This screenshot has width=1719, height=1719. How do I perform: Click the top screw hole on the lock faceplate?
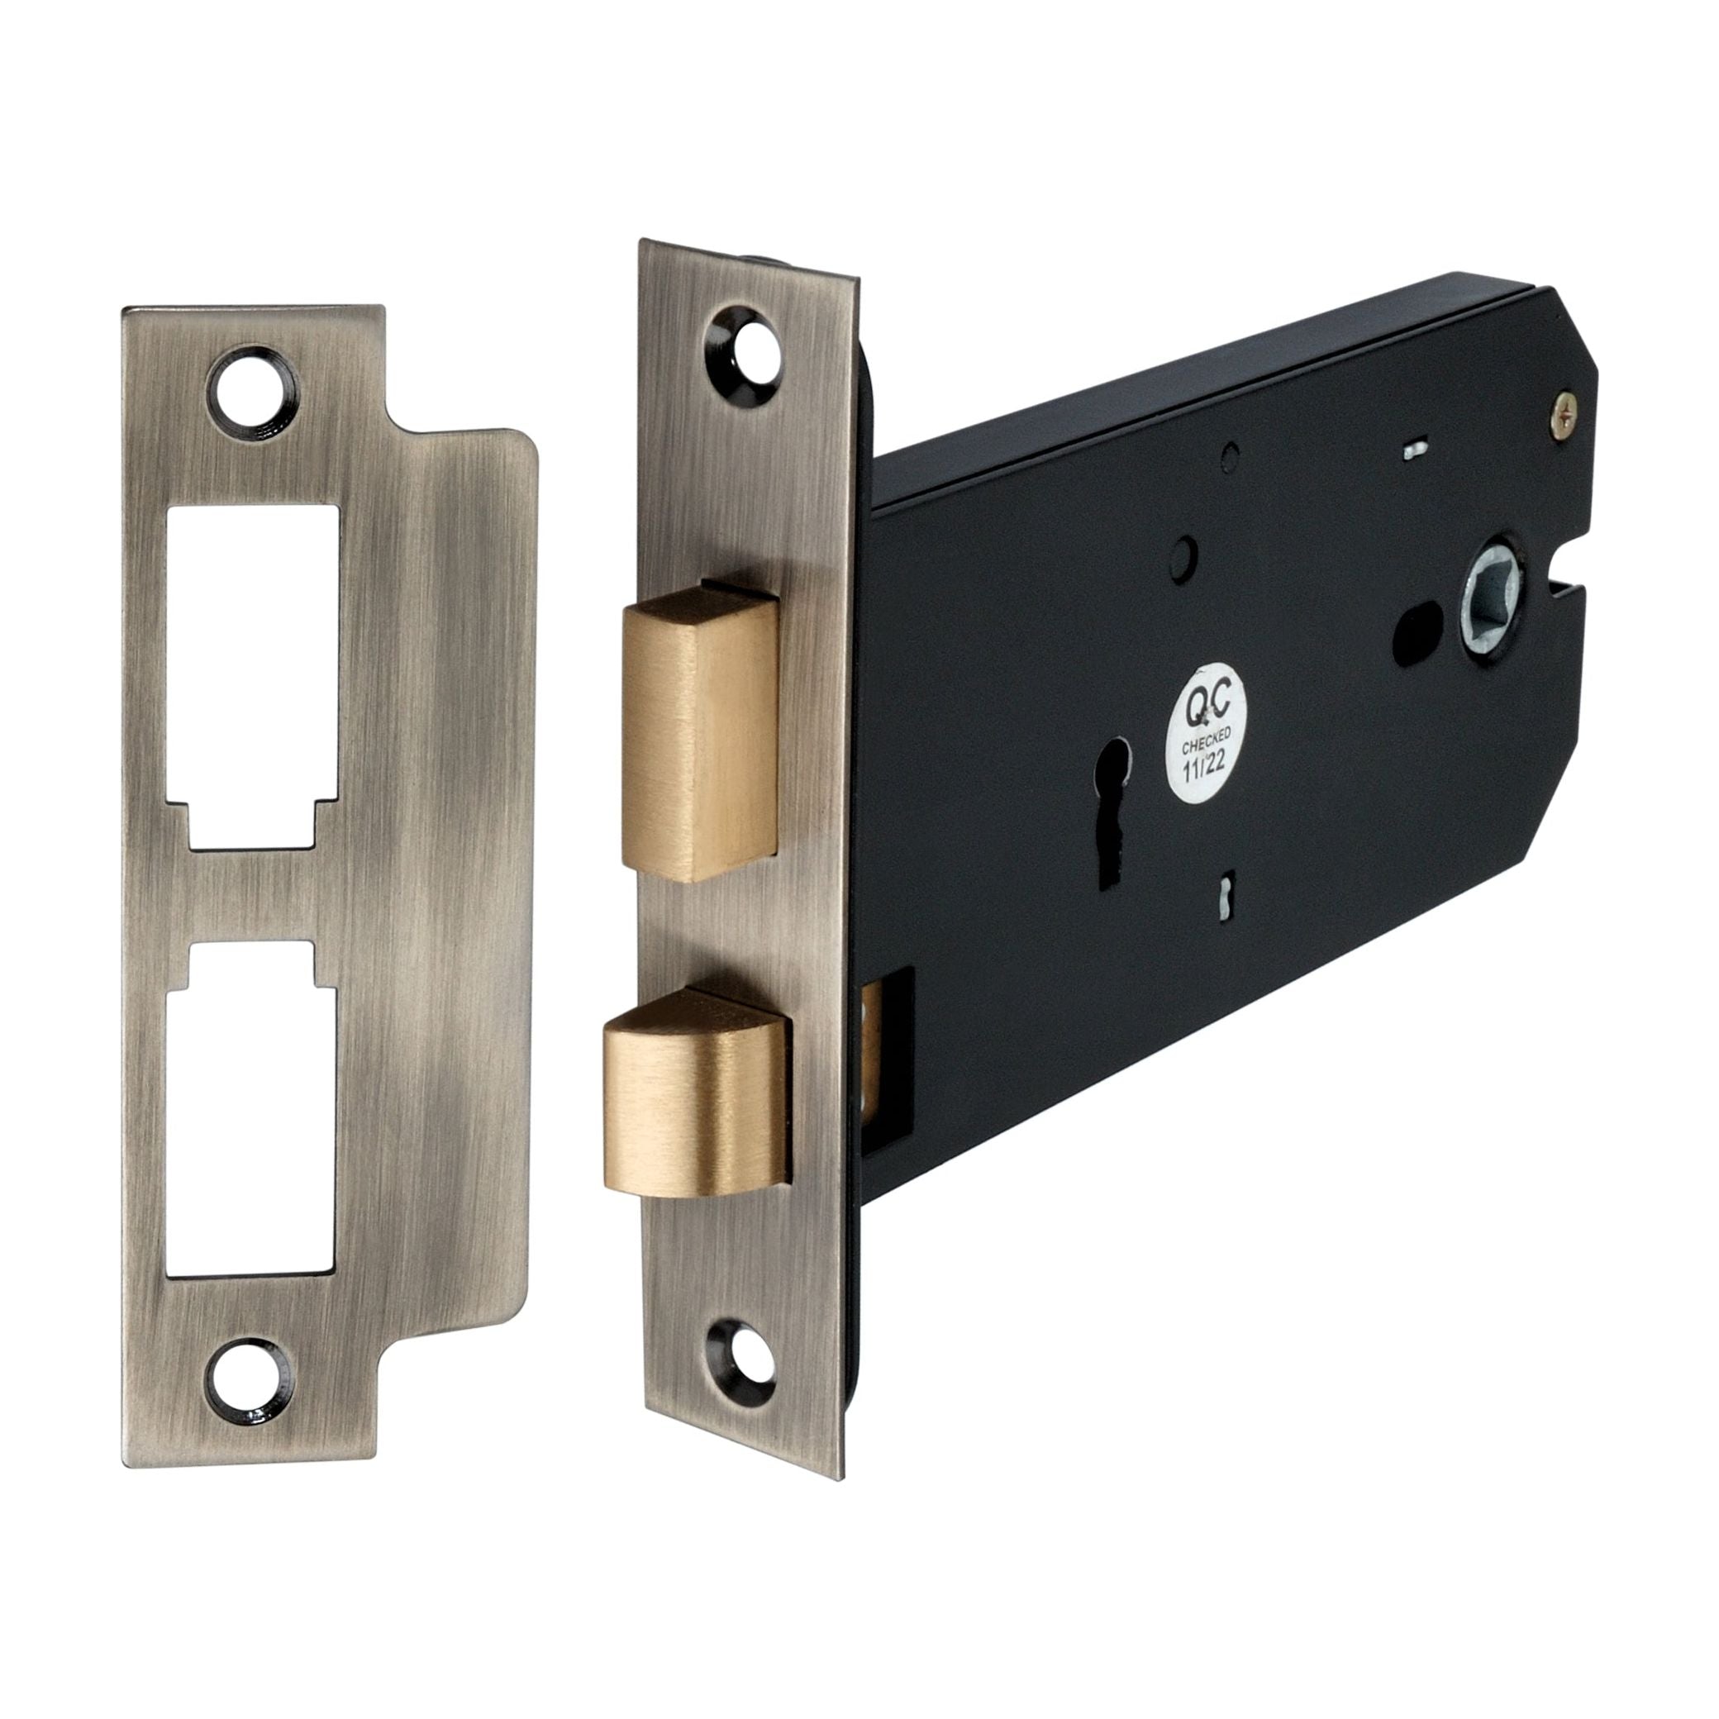coord(740,346)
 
